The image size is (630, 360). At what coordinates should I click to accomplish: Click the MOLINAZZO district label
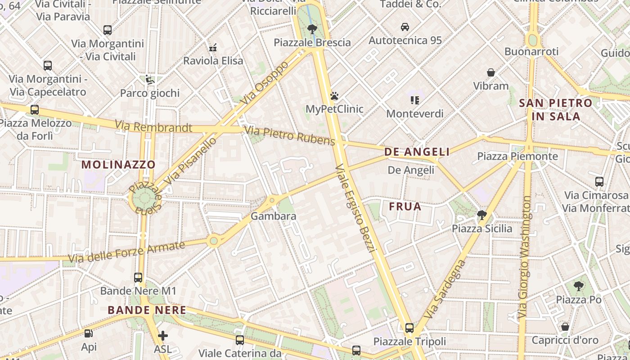tap(118, 165)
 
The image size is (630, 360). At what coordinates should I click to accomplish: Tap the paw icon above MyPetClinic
tap(334, 96)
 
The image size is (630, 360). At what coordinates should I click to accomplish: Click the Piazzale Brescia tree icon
tap(312, 30)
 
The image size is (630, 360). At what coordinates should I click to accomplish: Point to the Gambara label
tap(273, 216)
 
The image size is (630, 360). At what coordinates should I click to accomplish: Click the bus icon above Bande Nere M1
tap(138, 278)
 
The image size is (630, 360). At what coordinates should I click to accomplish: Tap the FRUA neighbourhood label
tap(405, 207)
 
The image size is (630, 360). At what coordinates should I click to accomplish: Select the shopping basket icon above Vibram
tap(490, 72)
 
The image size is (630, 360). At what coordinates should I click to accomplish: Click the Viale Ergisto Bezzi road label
tap(355, 208)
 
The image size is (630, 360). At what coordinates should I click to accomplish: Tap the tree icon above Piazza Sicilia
tap(482, 215)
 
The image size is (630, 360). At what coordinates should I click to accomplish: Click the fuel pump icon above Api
tap(89, 333)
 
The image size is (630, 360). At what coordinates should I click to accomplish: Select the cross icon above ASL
tap(162, 335)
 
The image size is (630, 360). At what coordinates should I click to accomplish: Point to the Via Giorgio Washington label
tap(525, 257)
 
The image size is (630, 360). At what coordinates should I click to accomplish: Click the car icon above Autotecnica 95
tap(405, 27)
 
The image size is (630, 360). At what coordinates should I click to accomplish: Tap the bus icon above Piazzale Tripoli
tap(409, 328)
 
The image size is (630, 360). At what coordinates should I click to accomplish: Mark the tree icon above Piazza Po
tap(578, 286)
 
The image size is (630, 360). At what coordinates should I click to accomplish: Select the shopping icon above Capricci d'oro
tap(565, 327)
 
